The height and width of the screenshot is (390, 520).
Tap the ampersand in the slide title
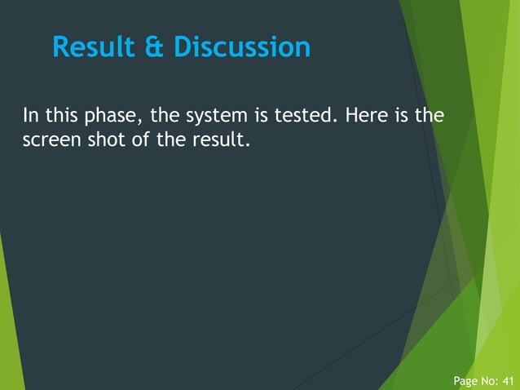[156, 47]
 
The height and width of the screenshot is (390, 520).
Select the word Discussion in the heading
[242, 47]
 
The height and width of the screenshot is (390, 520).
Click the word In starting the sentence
[29, 116]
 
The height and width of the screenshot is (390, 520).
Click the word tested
[305, 116]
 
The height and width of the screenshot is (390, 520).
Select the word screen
[49, 140]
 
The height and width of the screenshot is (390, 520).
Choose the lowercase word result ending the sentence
[220, 140]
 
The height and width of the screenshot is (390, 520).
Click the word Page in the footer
[466, 381]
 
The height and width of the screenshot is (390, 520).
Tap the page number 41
[507, 381]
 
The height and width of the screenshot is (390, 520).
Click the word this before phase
[64, 116]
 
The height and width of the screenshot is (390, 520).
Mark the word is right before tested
[262, 116]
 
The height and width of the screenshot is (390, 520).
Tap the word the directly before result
[174, 140]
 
